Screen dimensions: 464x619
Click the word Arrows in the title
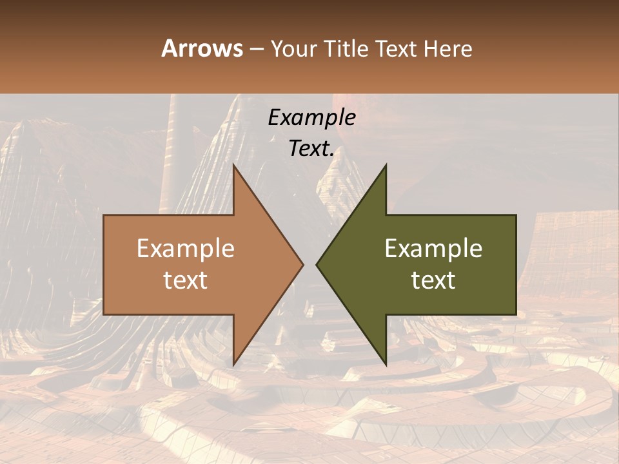[202, 48]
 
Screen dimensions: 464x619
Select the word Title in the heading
[346, 48]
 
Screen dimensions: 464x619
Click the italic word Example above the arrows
[311, 118]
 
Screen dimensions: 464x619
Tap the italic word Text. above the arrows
[311, 149]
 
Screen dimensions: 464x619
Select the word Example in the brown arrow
[186, 249]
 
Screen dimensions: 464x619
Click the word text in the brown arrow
[186, 280]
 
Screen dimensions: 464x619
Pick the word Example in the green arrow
[433, 249]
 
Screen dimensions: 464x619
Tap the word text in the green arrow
[433, 280]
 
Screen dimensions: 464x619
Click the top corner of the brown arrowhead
[233, 165]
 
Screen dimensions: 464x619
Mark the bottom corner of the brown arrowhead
[233, 365]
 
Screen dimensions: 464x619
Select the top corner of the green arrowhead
[386, 165]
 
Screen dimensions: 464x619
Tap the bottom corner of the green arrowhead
[386, 365]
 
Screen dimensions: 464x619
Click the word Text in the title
[395, 48]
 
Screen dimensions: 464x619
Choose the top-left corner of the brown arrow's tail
[104, 215]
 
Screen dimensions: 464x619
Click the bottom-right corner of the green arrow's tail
[516, 314]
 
